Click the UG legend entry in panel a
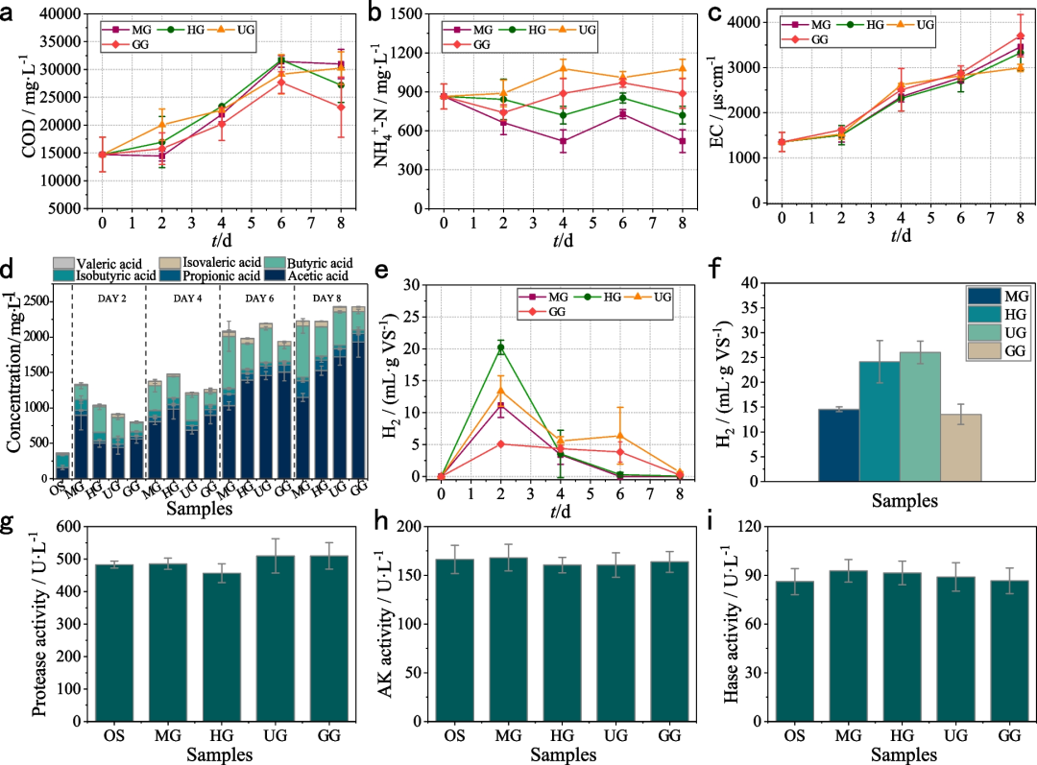[232, 28]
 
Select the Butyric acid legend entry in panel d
[277, 261]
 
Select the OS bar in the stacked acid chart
[61, 466]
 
